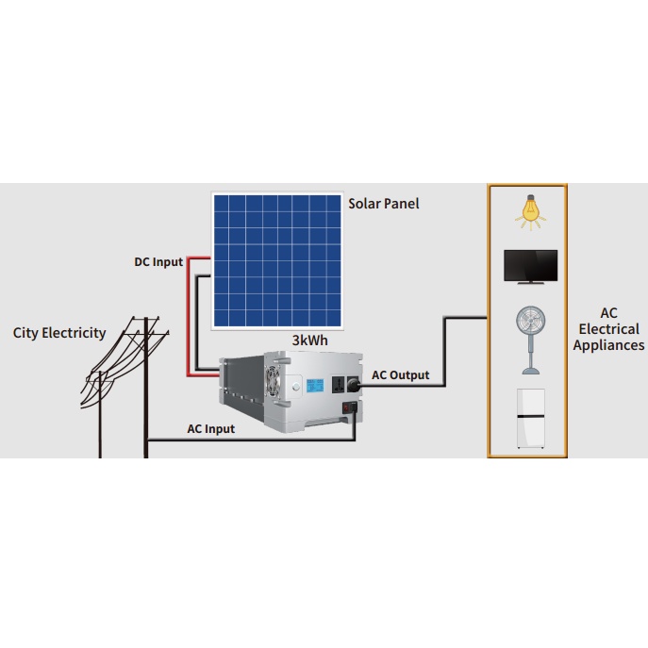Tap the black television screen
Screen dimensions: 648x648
pyautogui.click(x=531, y=266)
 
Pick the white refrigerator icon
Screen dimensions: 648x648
pyautogui.click(x=531, y=418)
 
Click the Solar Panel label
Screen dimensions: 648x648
pyautogui.click(x=384, y=204)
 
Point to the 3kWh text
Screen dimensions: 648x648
pyautogui.click(x=310, y=341)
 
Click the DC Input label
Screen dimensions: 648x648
pyautogui.click(x=158, y=262)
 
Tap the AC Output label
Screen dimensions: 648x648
pyautogui.click(x=401, y=375)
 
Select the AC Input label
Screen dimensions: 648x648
pyautogui.click(x=210, y=429)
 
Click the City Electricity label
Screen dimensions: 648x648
pyautogui.click(x=59, y=333)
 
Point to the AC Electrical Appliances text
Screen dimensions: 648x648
pyautogui.click(x=608, y=329)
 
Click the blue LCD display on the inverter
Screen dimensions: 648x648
pyautogui.click(x=315, y=386)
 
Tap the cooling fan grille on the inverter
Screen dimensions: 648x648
pyautogui.click(x=273, y=382)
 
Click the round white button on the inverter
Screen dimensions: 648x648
pyautogui.click(x=296, y=388)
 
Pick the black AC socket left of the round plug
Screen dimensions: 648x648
pyautogui.click(x=338, y=385)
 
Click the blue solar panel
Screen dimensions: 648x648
pyautogui.click(x=277, y=260)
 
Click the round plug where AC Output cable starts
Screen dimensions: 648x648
pyautogui.click(x=353, y=385)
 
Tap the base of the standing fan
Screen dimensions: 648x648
pyautogui.click(x=531, y=371)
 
